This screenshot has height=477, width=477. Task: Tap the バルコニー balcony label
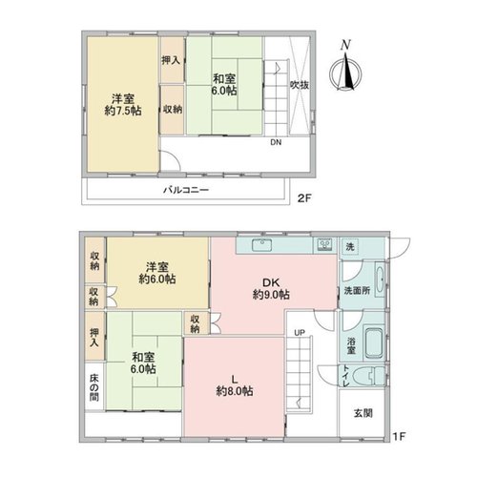coord(186,190)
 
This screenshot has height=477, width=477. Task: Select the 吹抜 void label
coord(300,85)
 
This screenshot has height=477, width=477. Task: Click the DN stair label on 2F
coord(276,142)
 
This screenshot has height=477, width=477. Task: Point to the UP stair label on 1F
coord(300,333)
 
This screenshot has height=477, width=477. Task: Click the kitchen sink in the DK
coord(262,245)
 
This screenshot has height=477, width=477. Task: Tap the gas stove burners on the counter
coord(324,245)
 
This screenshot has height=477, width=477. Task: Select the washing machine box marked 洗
coord(350,247)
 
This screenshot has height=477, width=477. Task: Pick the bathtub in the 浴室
coord(374,343)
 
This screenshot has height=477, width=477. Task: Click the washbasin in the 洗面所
coord(380,280)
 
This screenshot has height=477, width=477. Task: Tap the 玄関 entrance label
coord(363,413)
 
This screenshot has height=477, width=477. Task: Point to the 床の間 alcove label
coord(93,387)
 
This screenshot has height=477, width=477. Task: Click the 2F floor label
coord(304,198)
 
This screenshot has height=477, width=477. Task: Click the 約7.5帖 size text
coord(123,111)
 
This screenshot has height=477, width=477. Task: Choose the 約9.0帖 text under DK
coord(271,295)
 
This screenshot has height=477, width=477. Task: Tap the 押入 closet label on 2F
coord(171,60)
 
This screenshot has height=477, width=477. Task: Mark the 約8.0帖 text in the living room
coord(235,391)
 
